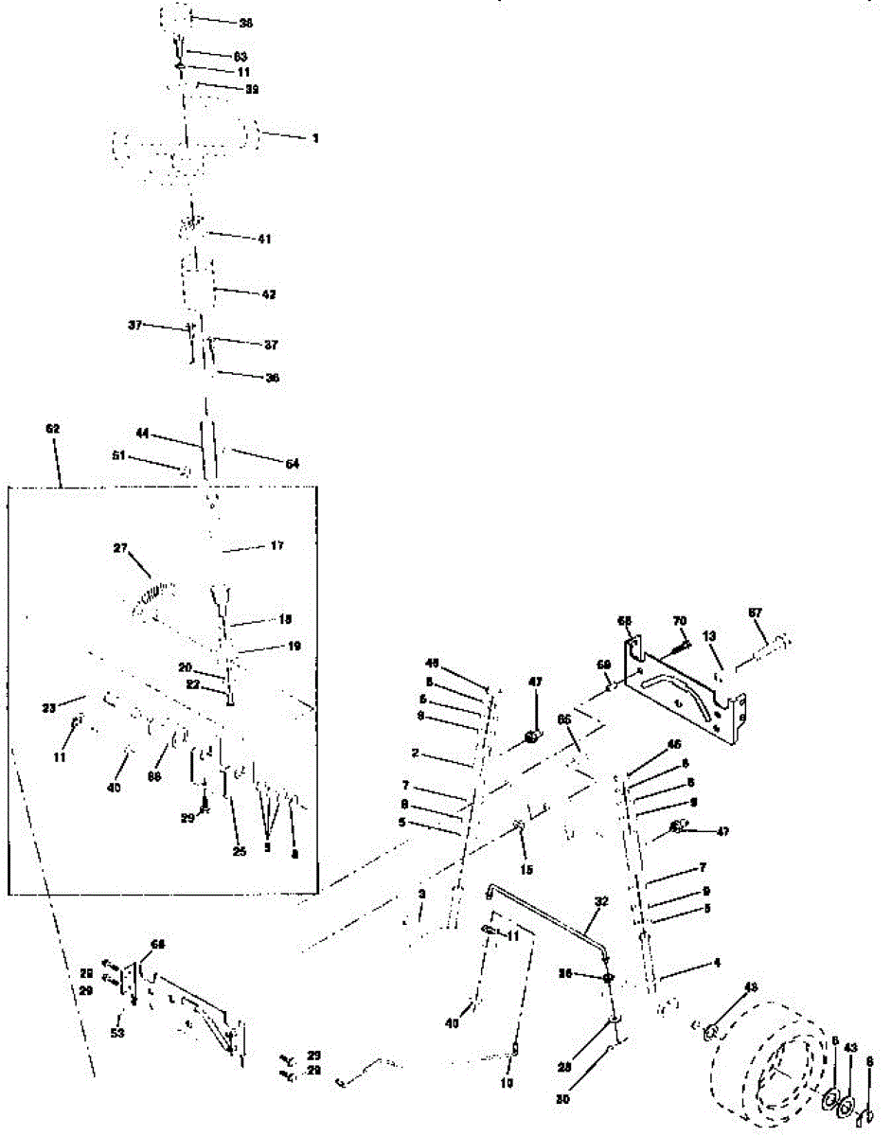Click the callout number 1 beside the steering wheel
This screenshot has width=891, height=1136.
[315, 138]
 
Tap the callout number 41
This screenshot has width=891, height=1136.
[263, 240]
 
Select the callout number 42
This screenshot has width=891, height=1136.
[269, 294]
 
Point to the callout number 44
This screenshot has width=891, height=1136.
[142, 433]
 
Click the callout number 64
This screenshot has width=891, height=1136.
[293, 463]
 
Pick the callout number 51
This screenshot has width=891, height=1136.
[118, 454]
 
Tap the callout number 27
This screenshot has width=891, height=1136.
[120, 547]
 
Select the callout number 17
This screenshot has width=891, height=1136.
[277, 546]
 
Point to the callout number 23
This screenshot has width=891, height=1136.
[50, 705]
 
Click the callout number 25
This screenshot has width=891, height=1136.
[239, 852]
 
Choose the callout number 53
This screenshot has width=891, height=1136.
[117, 1033]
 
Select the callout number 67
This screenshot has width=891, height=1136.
[756, 612]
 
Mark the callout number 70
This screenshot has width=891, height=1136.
[679, 620]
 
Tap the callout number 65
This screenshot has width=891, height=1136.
[564, 720]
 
